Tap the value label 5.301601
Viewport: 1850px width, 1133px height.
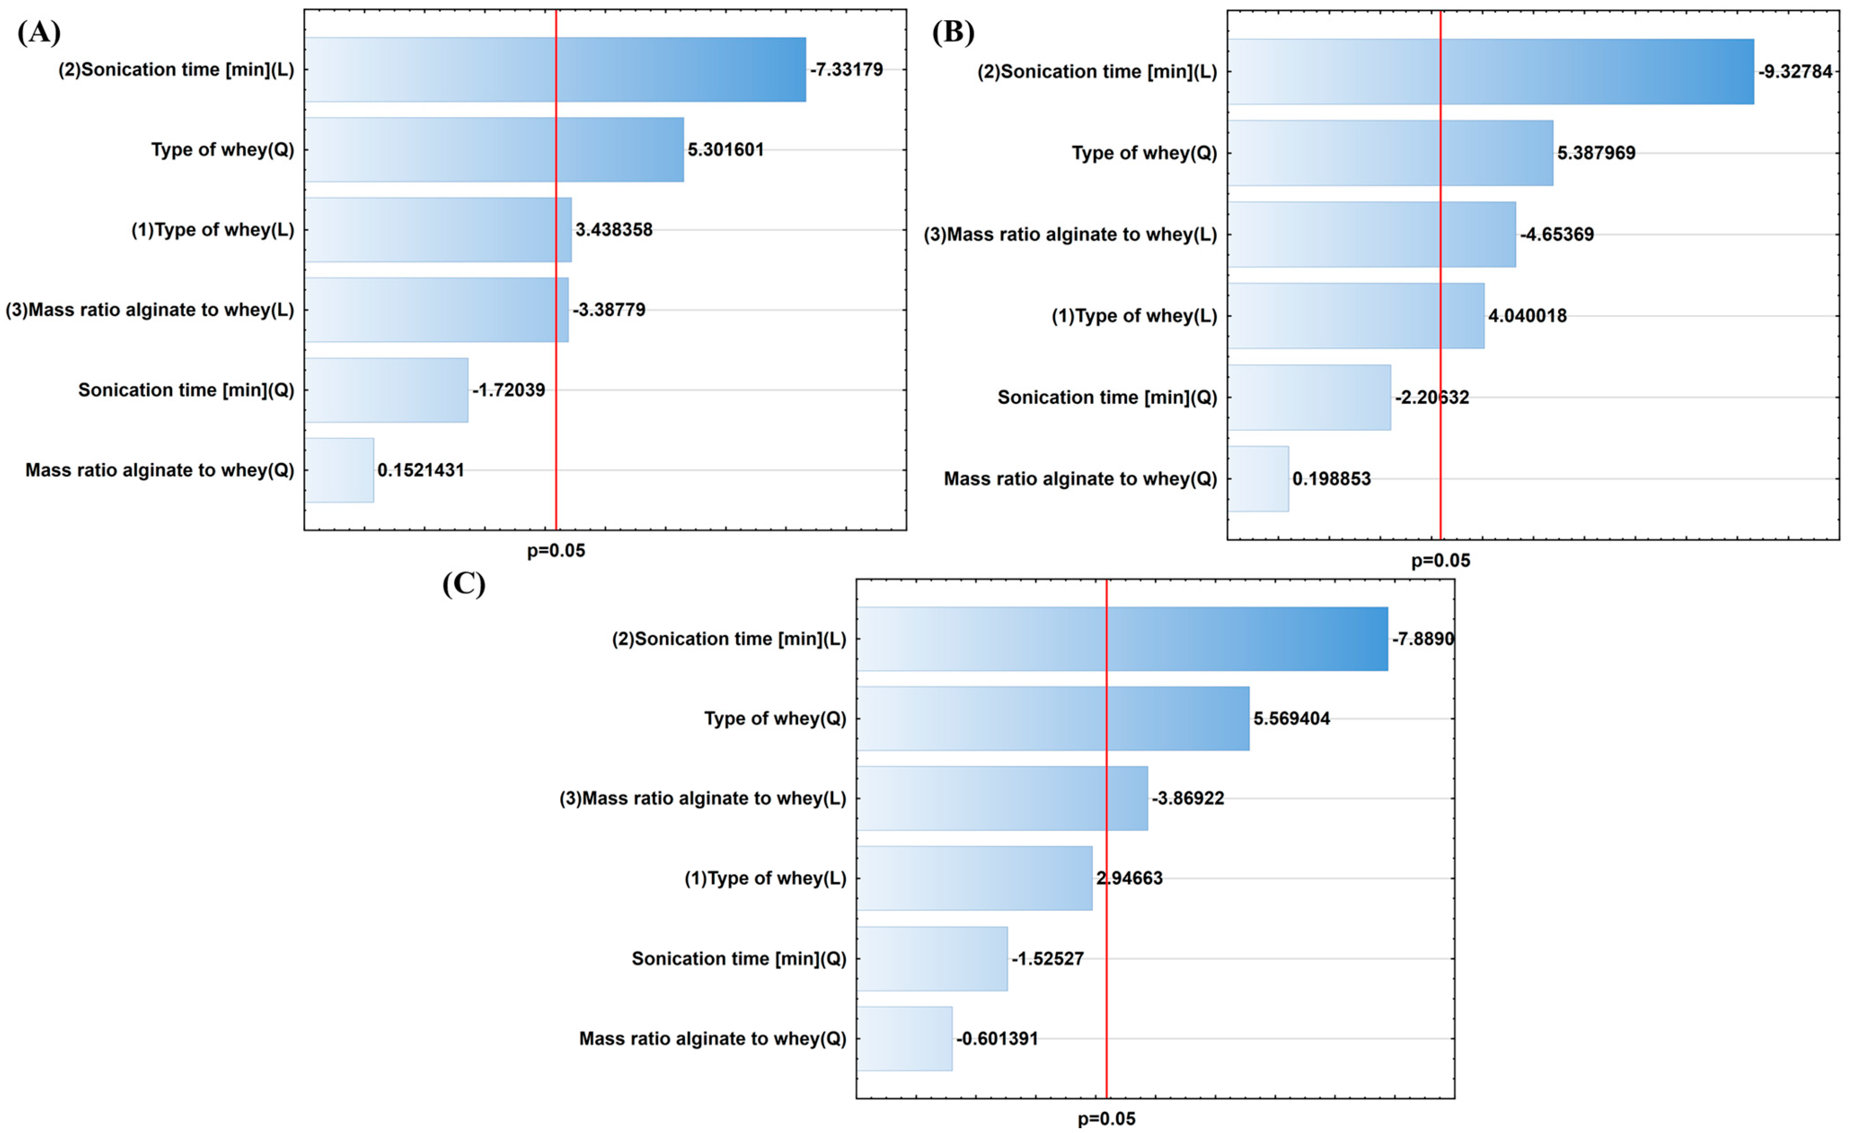pos(725,149)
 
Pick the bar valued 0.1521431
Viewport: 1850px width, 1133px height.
pos(340,470)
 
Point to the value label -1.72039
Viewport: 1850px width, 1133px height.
pos(508,390)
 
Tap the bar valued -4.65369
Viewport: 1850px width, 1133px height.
pos(1372,234)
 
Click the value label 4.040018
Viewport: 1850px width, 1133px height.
pos(1527,316)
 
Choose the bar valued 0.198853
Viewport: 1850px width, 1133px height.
pos(1258,479)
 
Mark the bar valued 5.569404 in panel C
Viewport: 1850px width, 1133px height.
pos(1053,719)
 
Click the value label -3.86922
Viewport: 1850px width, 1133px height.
pos(1188,798)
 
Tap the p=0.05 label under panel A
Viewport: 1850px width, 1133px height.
pos(556,551)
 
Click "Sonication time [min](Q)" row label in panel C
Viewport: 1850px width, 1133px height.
pos(739,959)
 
